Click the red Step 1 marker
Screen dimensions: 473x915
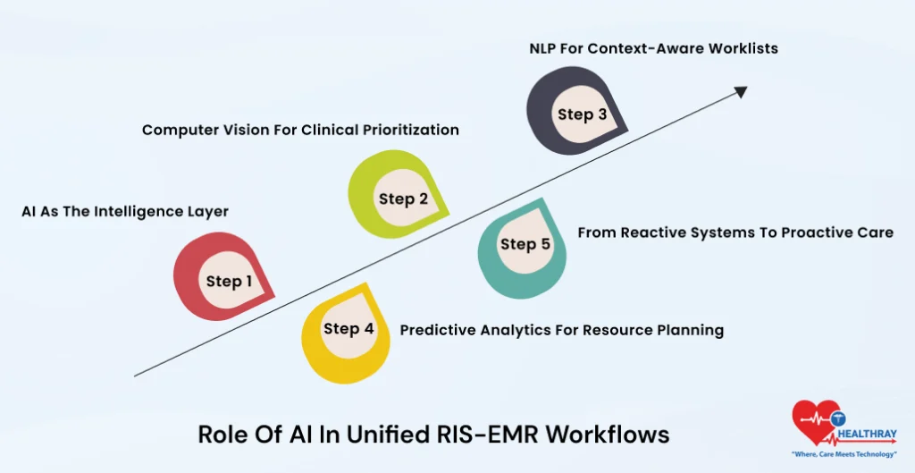[x=222, y=280]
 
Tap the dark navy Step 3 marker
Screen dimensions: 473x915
[x=575, y=114]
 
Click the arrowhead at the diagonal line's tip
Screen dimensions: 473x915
[x=740, y=90]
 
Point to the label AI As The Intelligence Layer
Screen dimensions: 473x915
[x=125, y=212]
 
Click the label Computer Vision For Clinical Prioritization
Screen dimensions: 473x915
[x=300, y=130]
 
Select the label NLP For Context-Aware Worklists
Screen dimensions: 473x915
[x=653, y=47]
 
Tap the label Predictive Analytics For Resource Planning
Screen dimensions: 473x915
[x=561, y=330]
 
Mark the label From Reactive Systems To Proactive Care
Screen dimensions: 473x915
[x=735, y=232]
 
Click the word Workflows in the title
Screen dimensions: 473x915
[x=608, y=435]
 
